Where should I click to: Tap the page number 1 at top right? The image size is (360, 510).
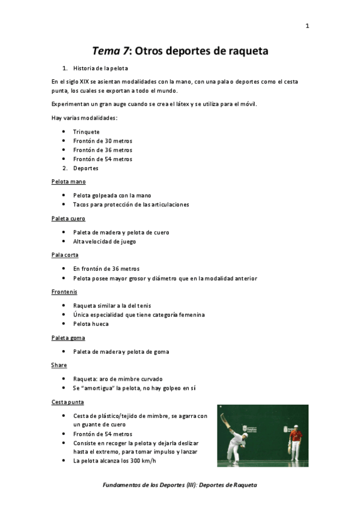tap(307, 26)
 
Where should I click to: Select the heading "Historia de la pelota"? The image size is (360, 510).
tap(100, 68)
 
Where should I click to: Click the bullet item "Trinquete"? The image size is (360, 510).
tap(87, 132)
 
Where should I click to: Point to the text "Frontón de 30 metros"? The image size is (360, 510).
tap(103, 141)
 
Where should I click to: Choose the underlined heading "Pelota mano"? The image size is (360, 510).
tap(69, 181)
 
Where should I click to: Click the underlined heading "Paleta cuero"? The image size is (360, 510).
tap(69, 218)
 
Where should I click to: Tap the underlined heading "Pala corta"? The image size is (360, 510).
tap(65, 255)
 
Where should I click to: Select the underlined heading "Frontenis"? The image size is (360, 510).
tap(64, 292)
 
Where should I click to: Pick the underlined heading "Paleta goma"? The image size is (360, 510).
tap(69, 338)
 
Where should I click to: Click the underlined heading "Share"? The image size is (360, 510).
tap(59, 365)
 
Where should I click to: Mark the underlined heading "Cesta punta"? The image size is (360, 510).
tap(67, 402)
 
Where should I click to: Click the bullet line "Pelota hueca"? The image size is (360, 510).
tap(91, 324)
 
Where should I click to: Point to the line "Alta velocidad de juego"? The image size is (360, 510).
tap(105, 241)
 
